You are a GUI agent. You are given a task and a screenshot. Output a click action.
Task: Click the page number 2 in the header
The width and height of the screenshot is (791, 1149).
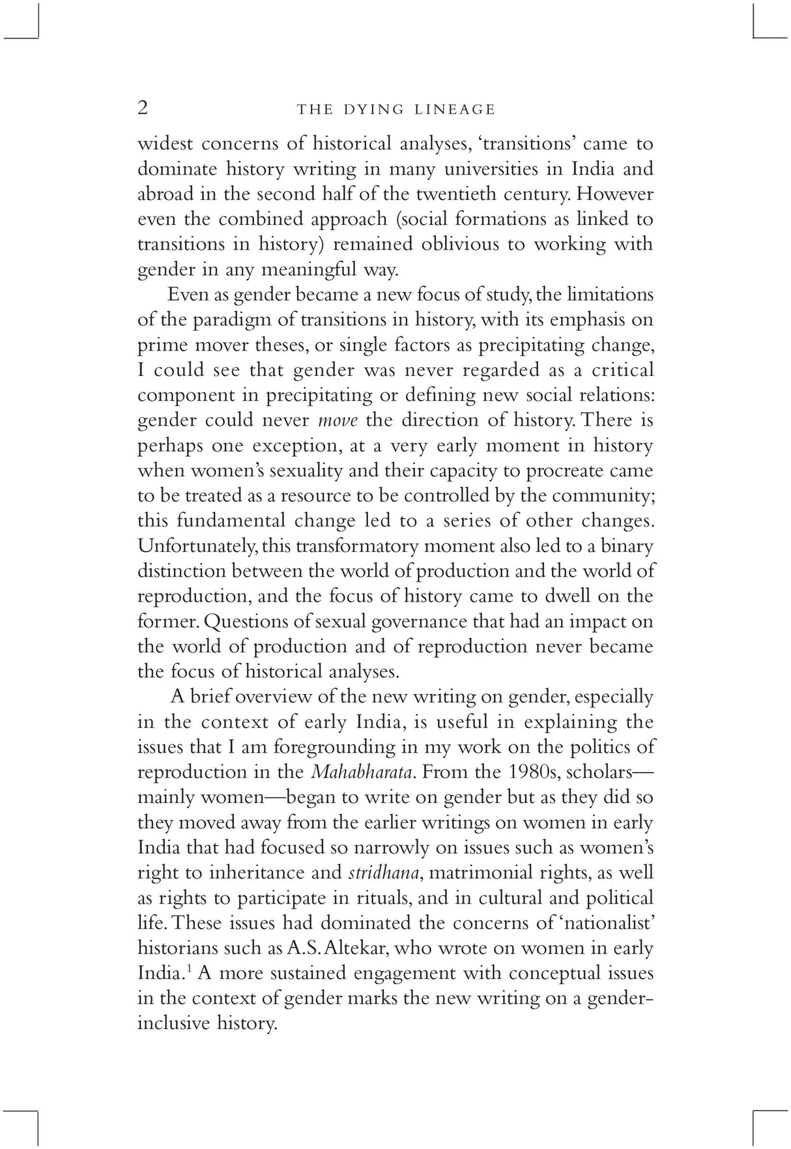coord(143,108)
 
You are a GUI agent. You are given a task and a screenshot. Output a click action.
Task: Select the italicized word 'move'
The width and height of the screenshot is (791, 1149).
coord(338,420)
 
